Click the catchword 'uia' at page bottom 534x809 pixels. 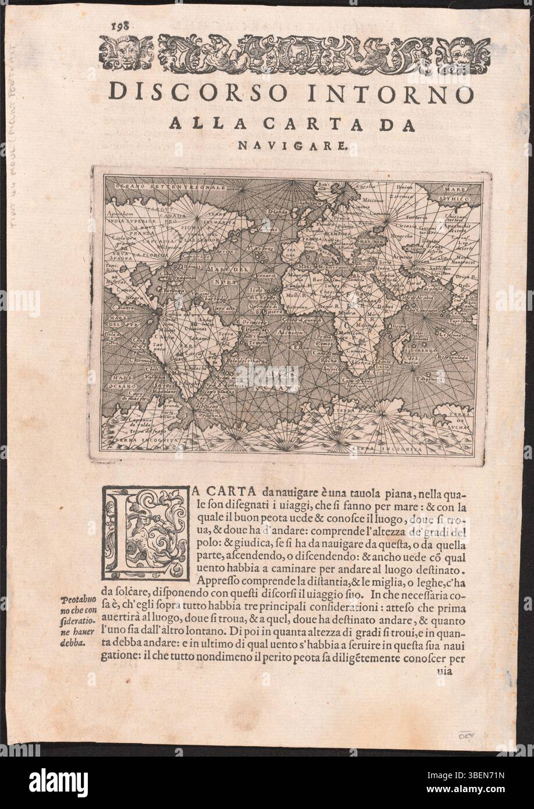coord(444,670)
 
